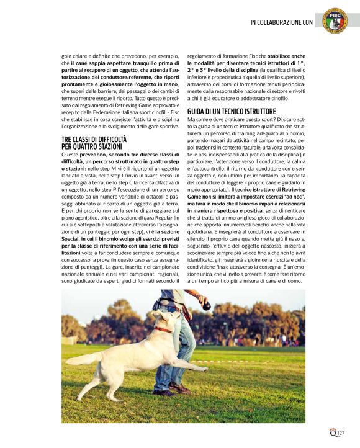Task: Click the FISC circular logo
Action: (x=336, y=20)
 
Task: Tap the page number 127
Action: (x=341, y=434)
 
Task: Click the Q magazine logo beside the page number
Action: (x=332, y=433)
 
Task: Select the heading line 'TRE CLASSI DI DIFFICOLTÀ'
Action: (x=94, y=140)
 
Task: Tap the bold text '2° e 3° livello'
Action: (x=208, y=71)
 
